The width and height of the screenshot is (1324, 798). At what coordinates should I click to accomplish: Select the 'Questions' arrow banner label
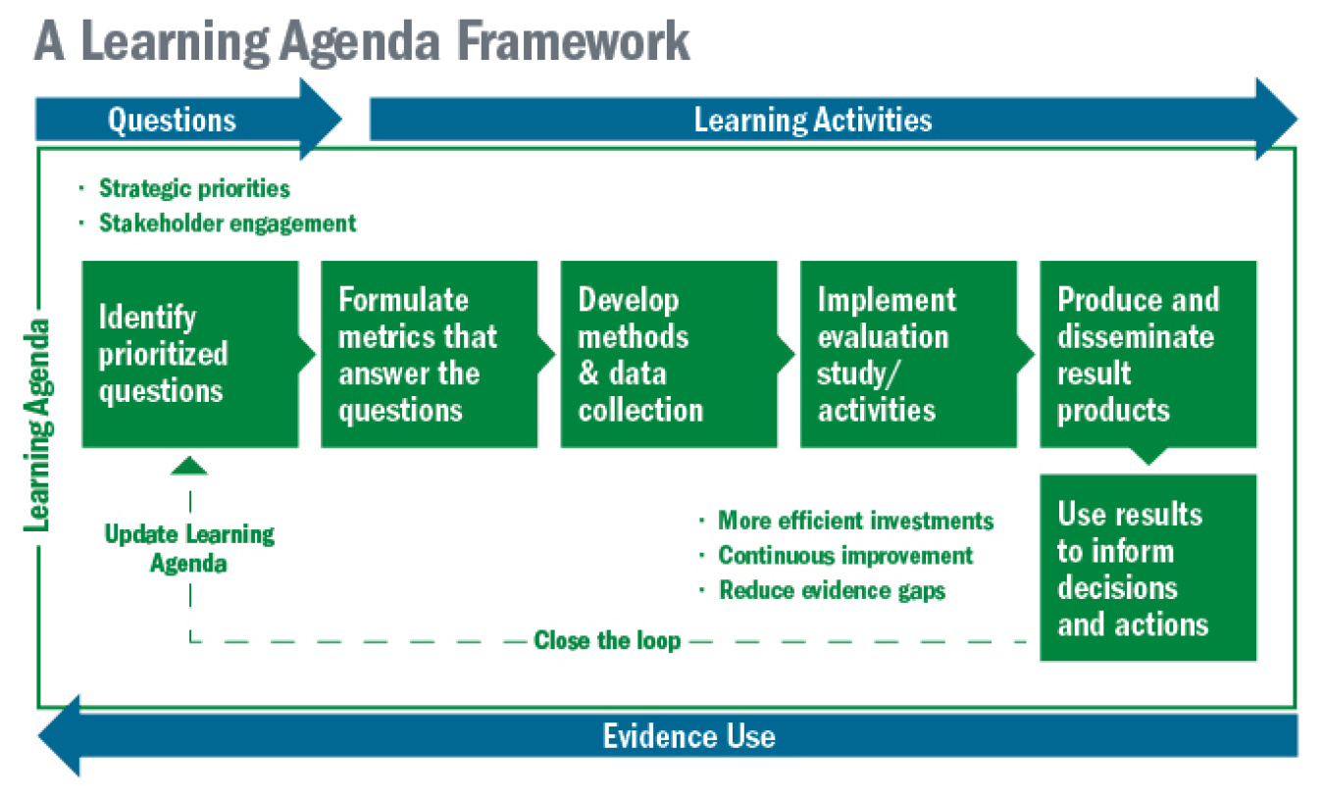coord(172,120)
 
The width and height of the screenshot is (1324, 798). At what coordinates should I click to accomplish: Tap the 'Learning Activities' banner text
coord(813,120)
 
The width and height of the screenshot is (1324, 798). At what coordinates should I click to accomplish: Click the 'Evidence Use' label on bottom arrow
coord(688,736)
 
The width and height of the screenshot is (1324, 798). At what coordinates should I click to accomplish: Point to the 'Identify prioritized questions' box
coord(189,354)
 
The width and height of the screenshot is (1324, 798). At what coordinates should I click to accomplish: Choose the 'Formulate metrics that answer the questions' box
coord(429,354)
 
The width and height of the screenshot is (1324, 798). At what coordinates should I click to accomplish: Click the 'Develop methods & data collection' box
coord(668,354)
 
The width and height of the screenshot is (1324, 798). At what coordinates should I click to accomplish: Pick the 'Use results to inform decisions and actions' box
coord(1147,569)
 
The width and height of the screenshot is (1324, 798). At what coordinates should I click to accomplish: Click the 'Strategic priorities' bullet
coord(194,188)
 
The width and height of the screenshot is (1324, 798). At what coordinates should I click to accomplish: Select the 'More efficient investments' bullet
coord(855,521)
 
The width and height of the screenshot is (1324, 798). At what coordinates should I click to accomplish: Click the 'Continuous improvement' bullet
coord(845,556)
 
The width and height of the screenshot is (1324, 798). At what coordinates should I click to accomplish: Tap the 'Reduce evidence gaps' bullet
coord(832,590)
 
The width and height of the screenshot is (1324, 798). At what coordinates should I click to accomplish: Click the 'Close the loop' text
coord(607,641)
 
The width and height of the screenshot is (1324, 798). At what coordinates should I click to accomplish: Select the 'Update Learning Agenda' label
coord(189,549)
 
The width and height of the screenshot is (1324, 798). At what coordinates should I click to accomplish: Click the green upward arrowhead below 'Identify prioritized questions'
coord(189,466)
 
